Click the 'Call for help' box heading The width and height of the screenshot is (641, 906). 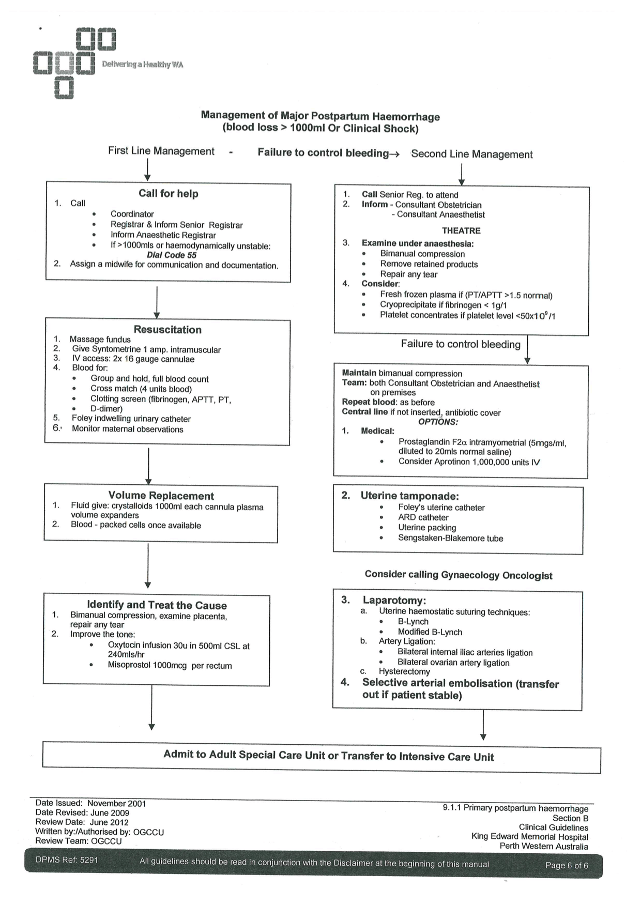168,194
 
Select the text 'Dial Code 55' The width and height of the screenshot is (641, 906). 172,255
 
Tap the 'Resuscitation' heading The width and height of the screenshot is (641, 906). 167,330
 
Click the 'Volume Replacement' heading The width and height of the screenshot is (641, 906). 161,496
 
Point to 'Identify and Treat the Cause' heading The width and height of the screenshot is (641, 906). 157,605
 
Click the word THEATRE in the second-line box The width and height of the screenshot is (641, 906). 461,231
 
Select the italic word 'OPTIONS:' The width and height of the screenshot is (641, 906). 438,422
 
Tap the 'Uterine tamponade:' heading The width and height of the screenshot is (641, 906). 409,496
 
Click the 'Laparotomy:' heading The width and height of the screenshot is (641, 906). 394,601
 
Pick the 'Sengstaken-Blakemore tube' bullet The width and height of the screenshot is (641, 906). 450,539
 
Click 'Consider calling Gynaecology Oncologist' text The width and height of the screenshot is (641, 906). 459,575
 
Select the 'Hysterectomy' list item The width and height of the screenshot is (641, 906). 404,672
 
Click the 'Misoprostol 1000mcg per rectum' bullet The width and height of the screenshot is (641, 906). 170,666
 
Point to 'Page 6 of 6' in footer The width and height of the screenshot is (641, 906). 567,866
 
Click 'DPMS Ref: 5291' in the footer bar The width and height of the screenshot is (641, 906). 67,861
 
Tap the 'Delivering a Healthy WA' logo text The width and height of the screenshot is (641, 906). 143,65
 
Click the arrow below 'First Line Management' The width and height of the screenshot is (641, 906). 147,170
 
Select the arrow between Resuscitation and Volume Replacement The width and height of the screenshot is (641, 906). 149,465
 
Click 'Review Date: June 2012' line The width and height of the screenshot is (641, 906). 82,822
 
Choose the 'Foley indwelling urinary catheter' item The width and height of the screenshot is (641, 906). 131,419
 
